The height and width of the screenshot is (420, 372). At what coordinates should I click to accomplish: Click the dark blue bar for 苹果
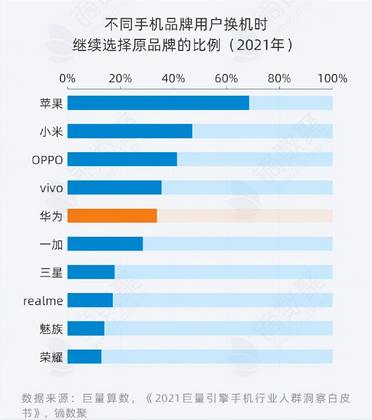pos(158,103)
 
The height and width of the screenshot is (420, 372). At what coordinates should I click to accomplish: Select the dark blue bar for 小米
pos(130,131)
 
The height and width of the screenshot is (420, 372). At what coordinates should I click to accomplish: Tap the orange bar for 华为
pos(112,216)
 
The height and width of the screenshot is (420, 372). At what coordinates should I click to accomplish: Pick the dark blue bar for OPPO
pos(122,159)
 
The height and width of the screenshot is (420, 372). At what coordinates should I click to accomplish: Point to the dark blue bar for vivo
pos(114,187)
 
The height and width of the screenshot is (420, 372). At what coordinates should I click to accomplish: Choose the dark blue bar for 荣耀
pos(84,356)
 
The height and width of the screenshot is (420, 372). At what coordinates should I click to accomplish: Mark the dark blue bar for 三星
pos(91,272)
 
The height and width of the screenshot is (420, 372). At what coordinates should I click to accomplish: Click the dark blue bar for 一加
pos(105,244)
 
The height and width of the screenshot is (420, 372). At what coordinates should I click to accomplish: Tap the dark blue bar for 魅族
pos(86,328)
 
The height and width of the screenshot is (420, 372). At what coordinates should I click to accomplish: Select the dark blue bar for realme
pos(90,300)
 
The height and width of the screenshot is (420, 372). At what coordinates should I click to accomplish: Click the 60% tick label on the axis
pos(226,78)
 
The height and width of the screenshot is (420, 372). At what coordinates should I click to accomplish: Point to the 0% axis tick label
pos(67,78)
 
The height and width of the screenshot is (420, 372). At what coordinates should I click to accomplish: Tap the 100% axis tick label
pos(332,78)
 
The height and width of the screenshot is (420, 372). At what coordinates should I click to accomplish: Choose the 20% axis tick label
pos(120,78)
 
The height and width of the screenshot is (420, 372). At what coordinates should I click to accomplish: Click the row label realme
pos(43,301)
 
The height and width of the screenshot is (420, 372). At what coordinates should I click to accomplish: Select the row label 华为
pos(51,216)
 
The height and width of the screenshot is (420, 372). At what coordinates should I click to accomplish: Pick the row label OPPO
pos(48,160)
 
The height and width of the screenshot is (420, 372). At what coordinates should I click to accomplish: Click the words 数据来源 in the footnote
pos(46,398)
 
